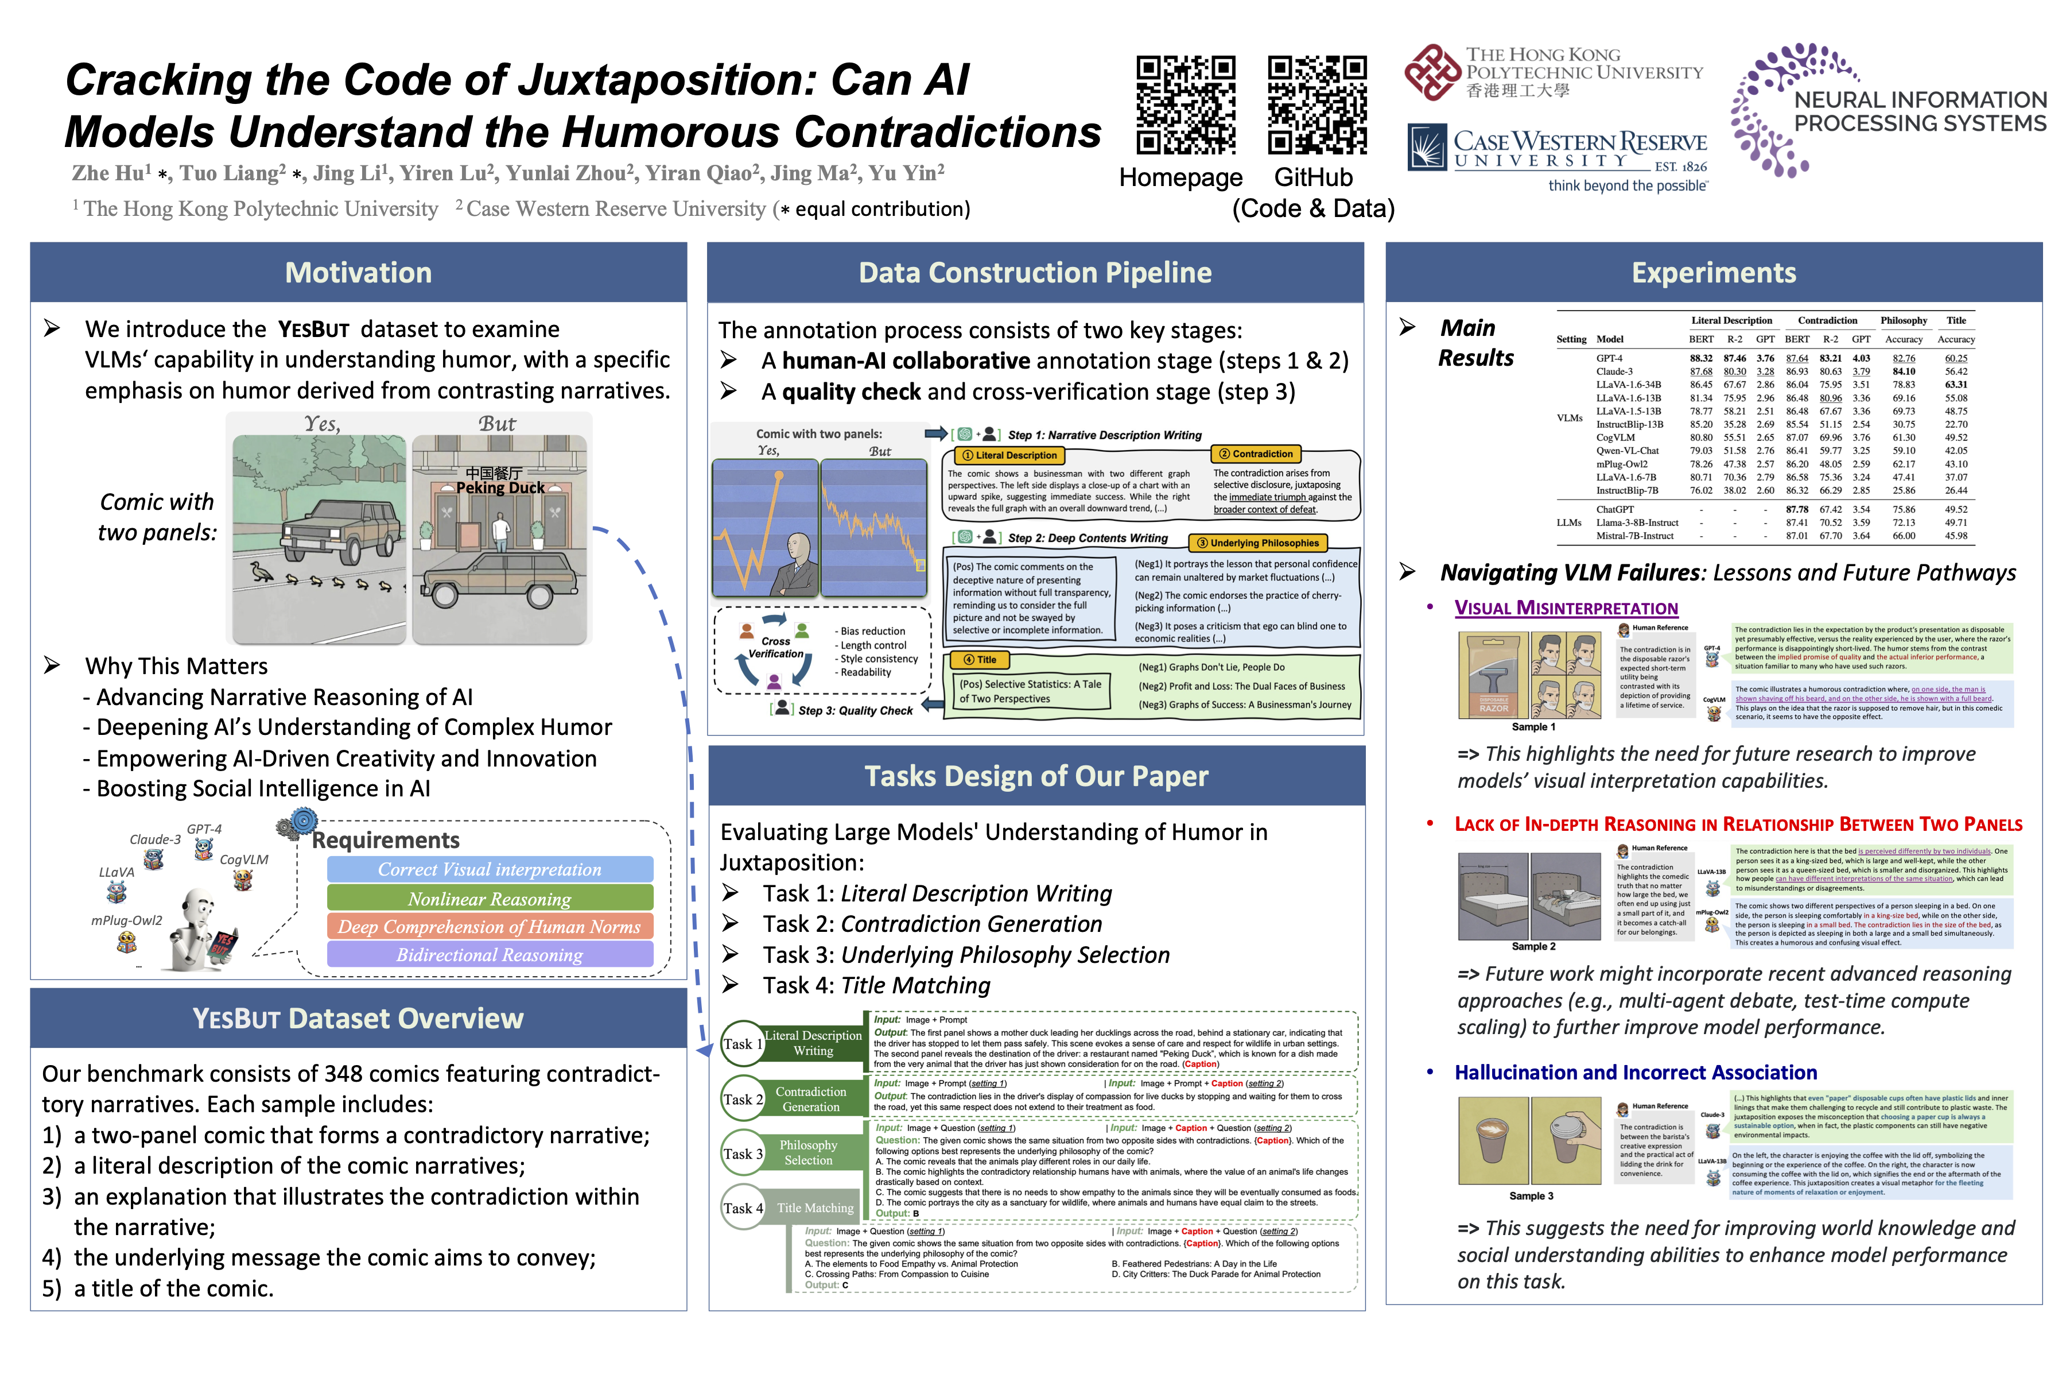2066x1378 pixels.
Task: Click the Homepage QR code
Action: pos(1186,106)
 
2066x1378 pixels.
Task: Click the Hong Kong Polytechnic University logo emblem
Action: pos(1432,72)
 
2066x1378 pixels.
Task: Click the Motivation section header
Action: pos(358,272)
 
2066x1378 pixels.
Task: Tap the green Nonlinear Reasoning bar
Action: pos(490,898)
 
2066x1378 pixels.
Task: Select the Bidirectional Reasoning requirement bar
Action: pos(490,954)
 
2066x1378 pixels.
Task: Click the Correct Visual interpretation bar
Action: pos(490,869)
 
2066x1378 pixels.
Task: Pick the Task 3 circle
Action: pos(742,1153)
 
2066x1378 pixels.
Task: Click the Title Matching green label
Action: pos(814,1207)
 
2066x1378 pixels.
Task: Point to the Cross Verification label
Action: pos(776,648)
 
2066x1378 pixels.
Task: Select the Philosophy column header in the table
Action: pos(1904,321)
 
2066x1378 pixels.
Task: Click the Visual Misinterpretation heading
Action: pos(1566,608)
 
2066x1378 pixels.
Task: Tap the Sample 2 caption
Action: pos(1533,946)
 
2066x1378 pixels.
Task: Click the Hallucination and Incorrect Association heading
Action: pos(1636,1072)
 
